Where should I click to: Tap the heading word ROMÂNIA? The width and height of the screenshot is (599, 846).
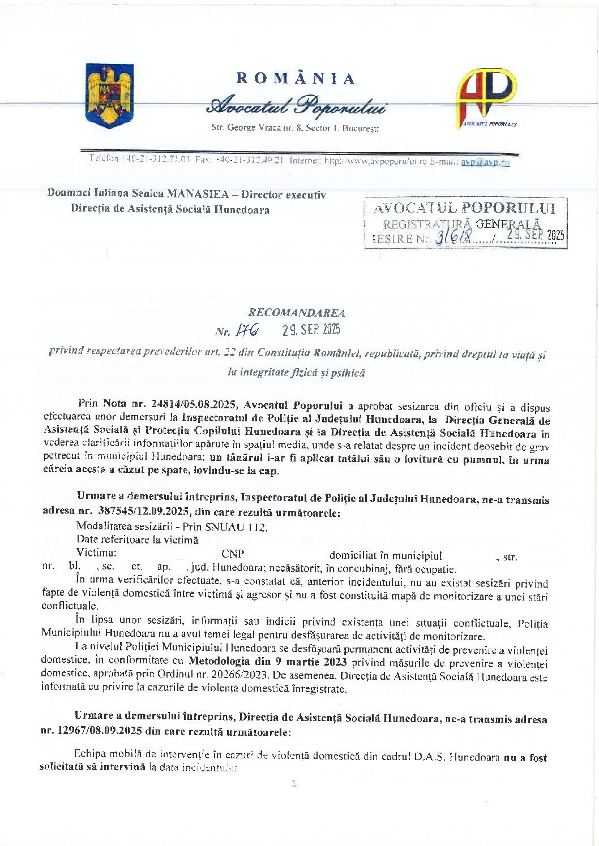click(x=295, y=79)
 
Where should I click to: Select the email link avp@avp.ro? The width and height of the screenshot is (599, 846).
click(x=485, y=162)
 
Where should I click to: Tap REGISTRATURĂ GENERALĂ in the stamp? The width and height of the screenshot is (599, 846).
click(x=461, y=224)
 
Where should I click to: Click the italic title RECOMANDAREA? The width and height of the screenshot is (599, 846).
click(x=297, y=312)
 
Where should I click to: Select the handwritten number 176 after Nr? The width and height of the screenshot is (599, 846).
click(x=249, y=330)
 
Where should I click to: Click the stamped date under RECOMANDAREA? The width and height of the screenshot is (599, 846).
click(x=311, y=330)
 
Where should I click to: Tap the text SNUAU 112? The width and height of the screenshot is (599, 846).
click(x=244, y=526)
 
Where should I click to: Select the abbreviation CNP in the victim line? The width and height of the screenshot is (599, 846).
click(x=233, y=554)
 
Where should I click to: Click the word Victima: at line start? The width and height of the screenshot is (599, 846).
click(x=96, y=553)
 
